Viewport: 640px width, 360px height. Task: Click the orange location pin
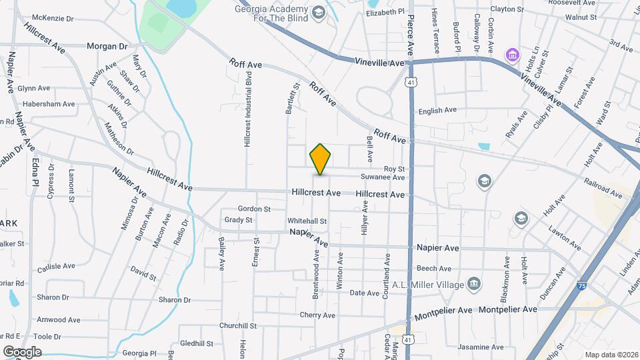pyautogui.click(x=320, y=159)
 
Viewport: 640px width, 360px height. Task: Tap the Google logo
pyautogui.click(x=21, y=351)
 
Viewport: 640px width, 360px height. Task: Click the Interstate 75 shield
pyautogui.click(x=582, y=285)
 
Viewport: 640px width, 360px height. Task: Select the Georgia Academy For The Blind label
pyautogui.click(x=273, y=14)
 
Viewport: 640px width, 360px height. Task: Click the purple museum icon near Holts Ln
pyautogui.click(x=512, y=54)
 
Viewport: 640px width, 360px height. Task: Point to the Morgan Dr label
pyautogui.click(x=107, y=47)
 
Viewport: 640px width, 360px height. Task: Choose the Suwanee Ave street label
pyautogui.click(x=383, y=178)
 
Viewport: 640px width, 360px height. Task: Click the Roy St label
pyautogui.click(x=393, y=169)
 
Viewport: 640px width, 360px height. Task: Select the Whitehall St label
pyautogui.click(x=307, y=221)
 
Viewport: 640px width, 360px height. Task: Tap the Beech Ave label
pyautogui.click(x=434, y=269)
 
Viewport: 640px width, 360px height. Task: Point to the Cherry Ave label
pyautogui.click(x=317, y=315)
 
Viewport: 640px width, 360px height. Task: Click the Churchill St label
pyautogui.click(x=238, y=325)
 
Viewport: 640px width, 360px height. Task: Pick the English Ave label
pyautogui.click(x=437, y=110)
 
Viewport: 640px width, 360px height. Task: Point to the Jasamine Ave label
pyautogui.click(x=481, y=348)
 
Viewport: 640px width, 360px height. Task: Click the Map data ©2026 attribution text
pyautogui.click(x=610, y=355)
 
